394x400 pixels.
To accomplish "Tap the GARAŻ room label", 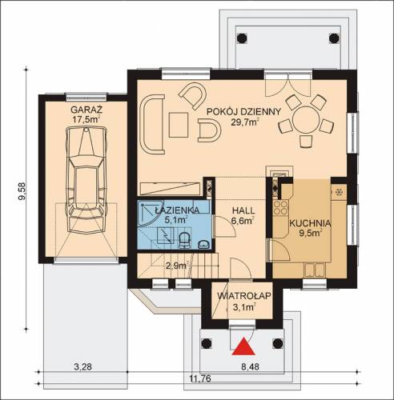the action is [86, 110].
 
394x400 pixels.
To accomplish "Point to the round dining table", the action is [306, 119].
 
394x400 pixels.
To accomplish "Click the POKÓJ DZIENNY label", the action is [244, 111].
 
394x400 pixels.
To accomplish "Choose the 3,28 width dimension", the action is [82, 366].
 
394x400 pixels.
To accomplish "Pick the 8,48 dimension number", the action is [250, 366].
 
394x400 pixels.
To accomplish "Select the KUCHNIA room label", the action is [311, 223].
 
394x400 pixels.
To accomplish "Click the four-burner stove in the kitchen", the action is [280, 208].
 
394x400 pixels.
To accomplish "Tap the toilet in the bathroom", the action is [183, 240].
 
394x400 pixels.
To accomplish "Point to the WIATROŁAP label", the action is [244, 296].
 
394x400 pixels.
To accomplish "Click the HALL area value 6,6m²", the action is [242, 221].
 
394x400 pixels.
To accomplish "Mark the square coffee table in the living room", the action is [179, 125].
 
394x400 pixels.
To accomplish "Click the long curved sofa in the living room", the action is [152, 125].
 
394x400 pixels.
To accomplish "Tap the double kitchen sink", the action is [315, 270].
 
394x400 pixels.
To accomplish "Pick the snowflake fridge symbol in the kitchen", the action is [340, 192].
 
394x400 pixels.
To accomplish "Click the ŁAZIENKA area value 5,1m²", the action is [175, 220].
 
